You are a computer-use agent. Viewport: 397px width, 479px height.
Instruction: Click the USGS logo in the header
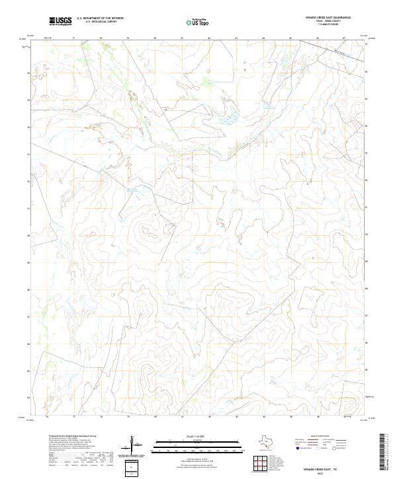tap(61, 21)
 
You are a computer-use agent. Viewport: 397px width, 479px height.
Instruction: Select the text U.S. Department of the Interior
tap(100, 18)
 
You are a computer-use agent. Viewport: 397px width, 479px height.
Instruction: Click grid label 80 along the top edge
tap(155, 39)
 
